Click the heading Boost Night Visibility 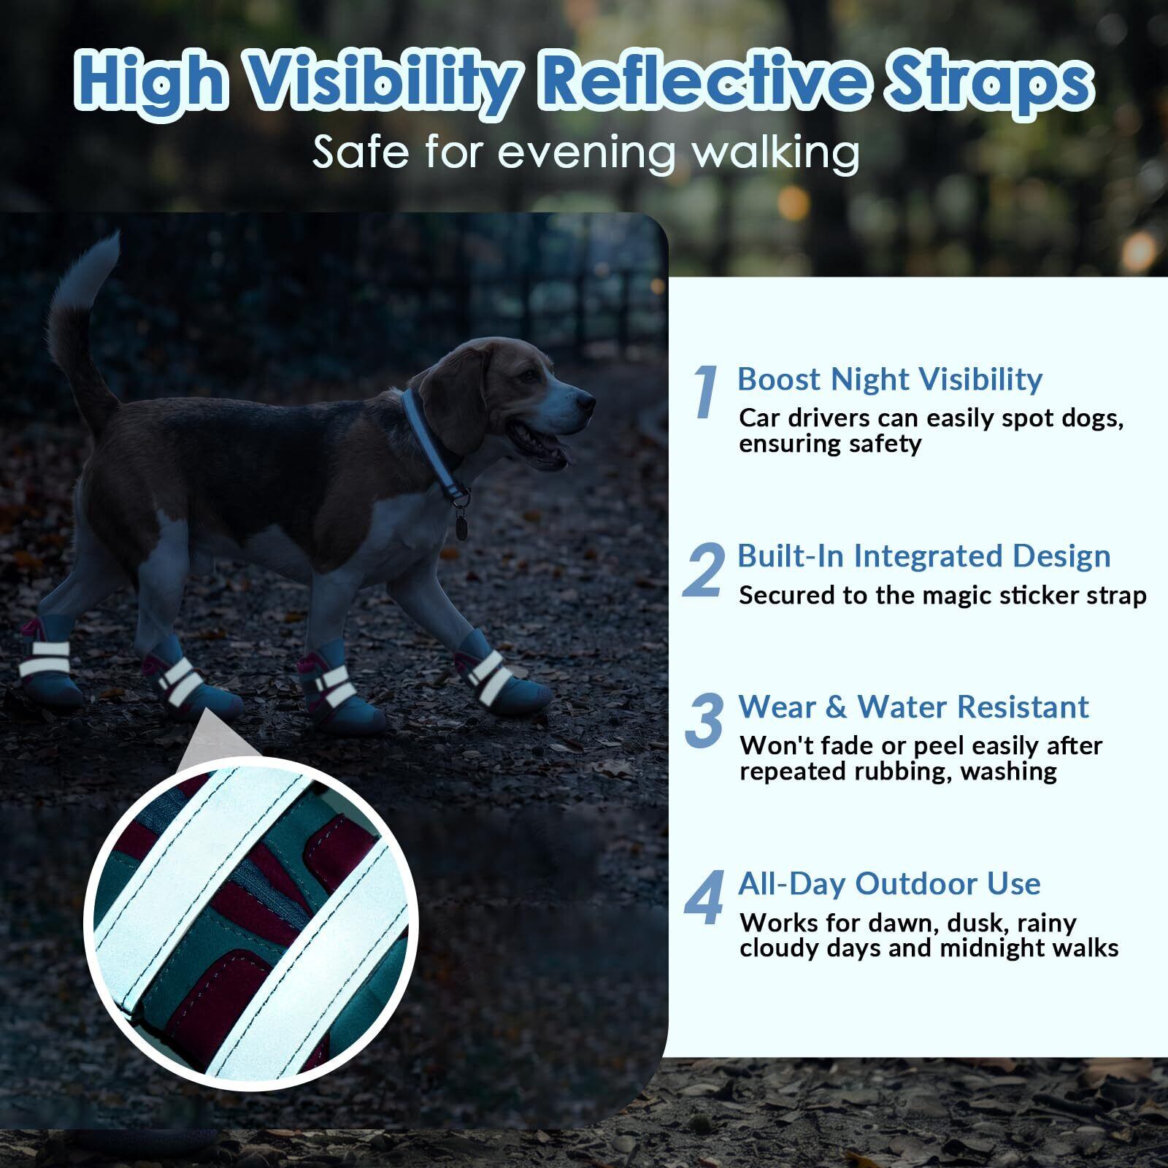point(890,380)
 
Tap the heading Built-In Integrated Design point(924,556)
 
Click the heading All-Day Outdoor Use point(889,884)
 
